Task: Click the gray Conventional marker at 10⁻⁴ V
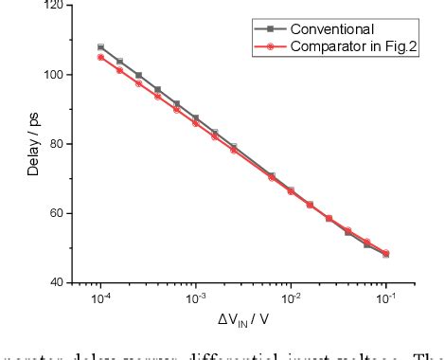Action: [100, 46]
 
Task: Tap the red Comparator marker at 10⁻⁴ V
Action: [100, 57]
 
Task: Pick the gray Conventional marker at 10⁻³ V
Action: [196, 117]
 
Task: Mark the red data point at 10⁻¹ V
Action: [385, 253]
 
